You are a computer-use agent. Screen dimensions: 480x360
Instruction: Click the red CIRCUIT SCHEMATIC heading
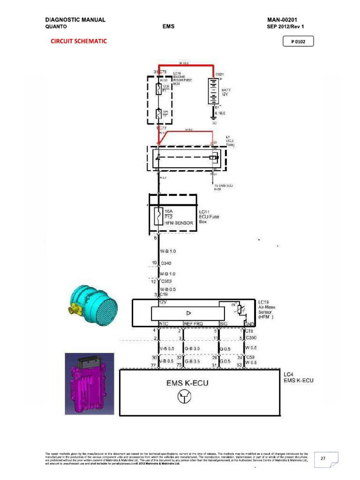point(79,41)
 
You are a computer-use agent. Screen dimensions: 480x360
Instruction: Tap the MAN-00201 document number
point(285,20)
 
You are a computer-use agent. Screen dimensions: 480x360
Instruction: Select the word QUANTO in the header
point(56,27)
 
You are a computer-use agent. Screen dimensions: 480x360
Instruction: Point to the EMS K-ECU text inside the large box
point(187,383)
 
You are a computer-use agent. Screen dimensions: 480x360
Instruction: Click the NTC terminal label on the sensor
point(164,323)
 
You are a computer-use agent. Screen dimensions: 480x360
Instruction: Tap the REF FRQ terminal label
point(194,323)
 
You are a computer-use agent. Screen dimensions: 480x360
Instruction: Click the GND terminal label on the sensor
point(249,323)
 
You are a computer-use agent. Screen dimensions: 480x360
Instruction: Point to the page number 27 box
point(322,459)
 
